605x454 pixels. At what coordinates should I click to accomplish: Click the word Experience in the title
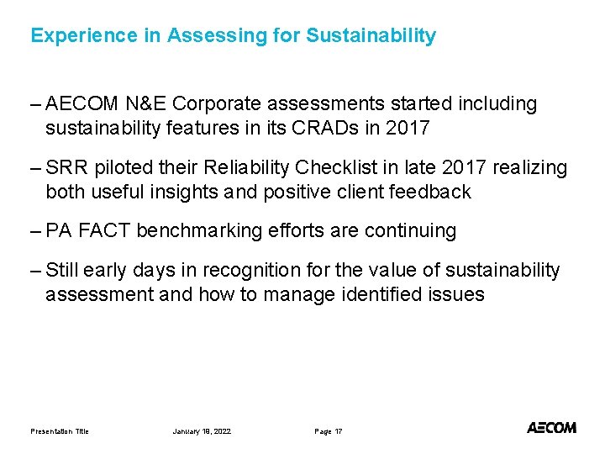71,36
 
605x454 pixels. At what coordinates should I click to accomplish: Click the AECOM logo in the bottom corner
551,428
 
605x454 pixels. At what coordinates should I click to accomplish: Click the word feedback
432,192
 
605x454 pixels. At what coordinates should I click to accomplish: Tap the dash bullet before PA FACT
34,231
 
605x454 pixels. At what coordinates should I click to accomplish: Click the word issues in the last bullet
458,294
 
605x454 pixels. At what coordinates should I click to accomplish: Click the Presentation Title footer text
60,431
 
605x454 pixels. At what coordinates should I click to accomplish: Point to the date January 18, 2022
202,431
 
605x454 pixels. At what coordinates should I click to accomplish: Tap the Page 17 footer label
329,431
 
